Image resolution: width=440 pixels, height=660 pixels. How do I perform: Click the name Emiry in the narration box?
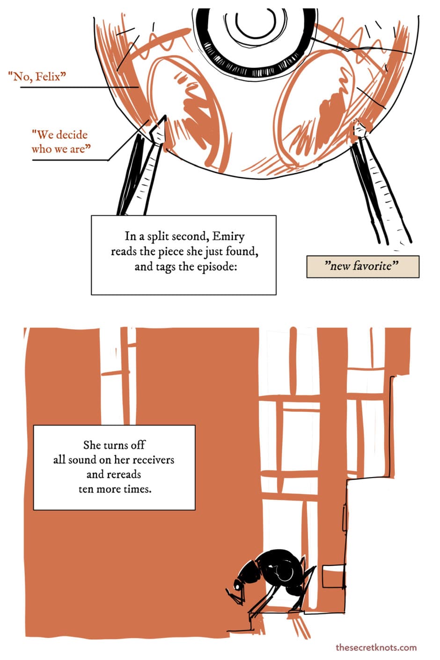pyautogui.click(x=229, y=236)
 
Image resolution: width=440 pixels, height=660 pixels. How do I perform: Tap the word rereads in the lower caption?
pyautogui.click(x=124, y=475)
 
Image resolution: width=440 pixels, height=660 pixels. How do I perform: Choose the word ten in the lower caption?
pyautogui.click(x=86, y=490)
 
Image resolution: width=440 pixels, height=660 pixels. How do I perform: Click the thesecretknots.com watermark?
pyautogui.click(x=376, y=647)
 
